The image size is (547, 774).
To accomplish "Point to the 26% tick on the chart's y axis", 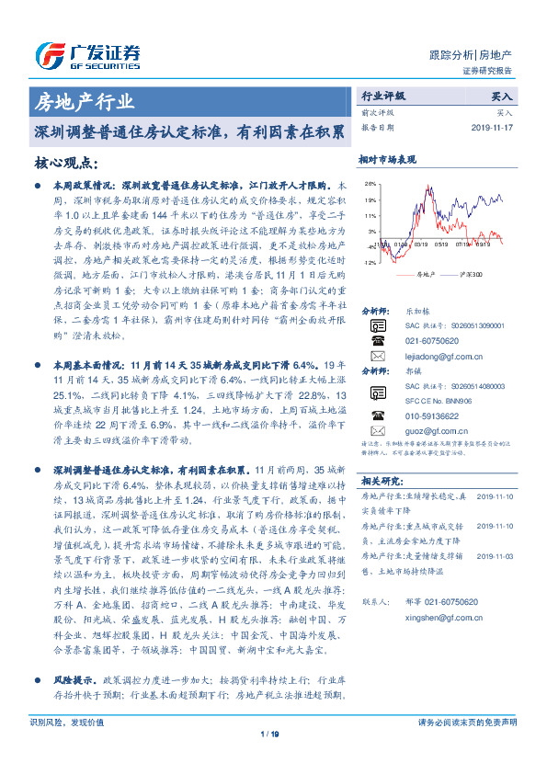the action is point(370,184).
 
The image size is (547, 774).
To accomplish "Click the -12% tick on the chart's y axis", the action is point(369,262).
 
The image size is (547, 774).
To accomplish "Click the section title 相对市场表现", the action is point(387,159).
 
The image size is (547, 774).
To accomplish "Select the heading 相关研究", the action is point(378,507).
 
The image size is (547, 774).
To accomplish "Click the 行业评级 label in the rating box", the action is point(382,96).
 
